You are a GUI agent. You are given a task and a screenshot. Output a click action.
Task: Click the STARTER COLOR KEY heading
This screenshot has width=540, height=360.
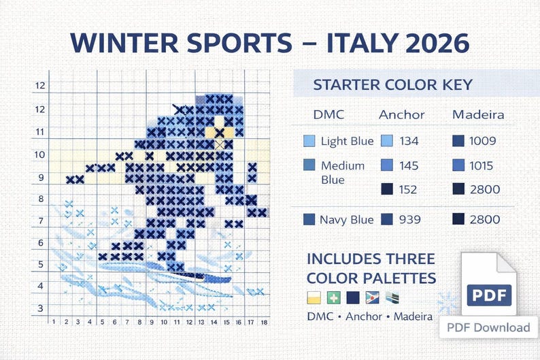coord(392,86)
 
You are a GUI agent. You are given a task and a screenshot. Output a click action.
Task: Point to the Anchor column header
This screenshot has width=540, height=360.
coord(401,114)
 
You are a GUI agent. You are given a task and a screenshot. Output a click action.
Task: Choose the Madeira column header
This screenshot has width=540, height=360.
coord(478,114)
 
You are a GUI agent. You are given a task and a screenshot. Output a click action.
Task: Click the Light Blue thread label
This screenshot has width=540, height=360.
coord(347,142)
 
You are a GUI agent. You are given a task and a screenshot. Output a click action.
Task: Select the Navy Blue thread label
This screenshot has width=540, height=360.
coord(347,219)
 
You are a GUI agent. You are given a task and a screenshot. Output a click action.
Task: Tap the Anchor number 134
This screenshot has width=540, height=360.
coord(409,142)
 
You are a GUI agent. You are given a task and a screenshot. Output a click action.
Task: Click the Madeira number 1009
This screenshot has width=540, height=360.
coord(483,142)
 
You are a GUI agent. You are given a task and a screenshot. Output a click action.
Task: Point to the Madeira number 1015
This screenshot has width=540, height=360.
coord(483,165)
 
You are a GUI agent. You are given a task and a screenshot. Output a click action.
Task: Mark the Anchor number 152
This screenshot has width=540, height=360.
coord(408,189)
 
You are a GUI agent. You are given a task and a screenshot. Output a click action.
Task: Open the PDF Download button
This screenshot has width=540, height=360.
coord(488,327)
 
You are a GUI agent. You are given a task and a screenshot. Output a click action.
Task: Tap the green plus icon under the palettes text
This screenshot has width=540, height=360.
coord(333,298)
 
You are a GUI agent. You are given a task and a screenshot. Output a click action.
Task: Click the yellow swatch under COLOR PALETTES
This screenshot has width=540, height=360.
coord(314,298)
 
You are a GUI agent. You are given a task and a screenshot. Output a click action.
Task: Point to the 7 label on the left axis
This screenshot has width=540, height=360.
coord(41,220)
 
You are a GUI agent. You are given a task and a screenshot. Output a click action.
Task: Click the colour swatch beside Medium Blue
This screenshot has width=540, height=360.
coord(309,165)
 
